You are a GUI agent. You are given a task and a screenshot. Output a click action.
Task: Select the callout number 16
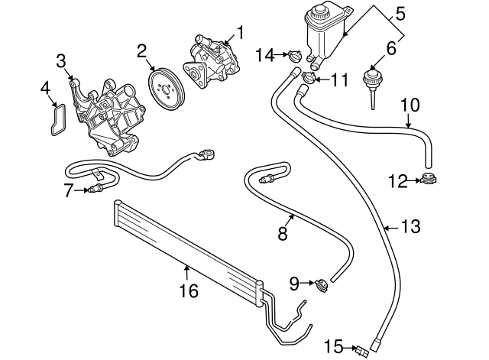pyautogui.click(x=188, y=290)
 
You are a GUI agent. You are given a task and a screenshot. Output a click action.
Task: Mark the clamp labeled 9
pyautogui.click(x=322, y=285)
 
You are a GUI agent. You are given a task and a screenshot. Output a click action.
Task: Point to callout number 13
pyautogui.click(x=411, y=227)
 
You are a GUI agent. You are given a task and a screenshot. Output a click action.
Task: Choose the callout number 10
pyautogui.click(x=410, y=103)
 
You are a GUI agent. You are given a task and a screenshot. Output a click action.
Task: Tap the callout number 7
pyautogui.click(x=68, y=189)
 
